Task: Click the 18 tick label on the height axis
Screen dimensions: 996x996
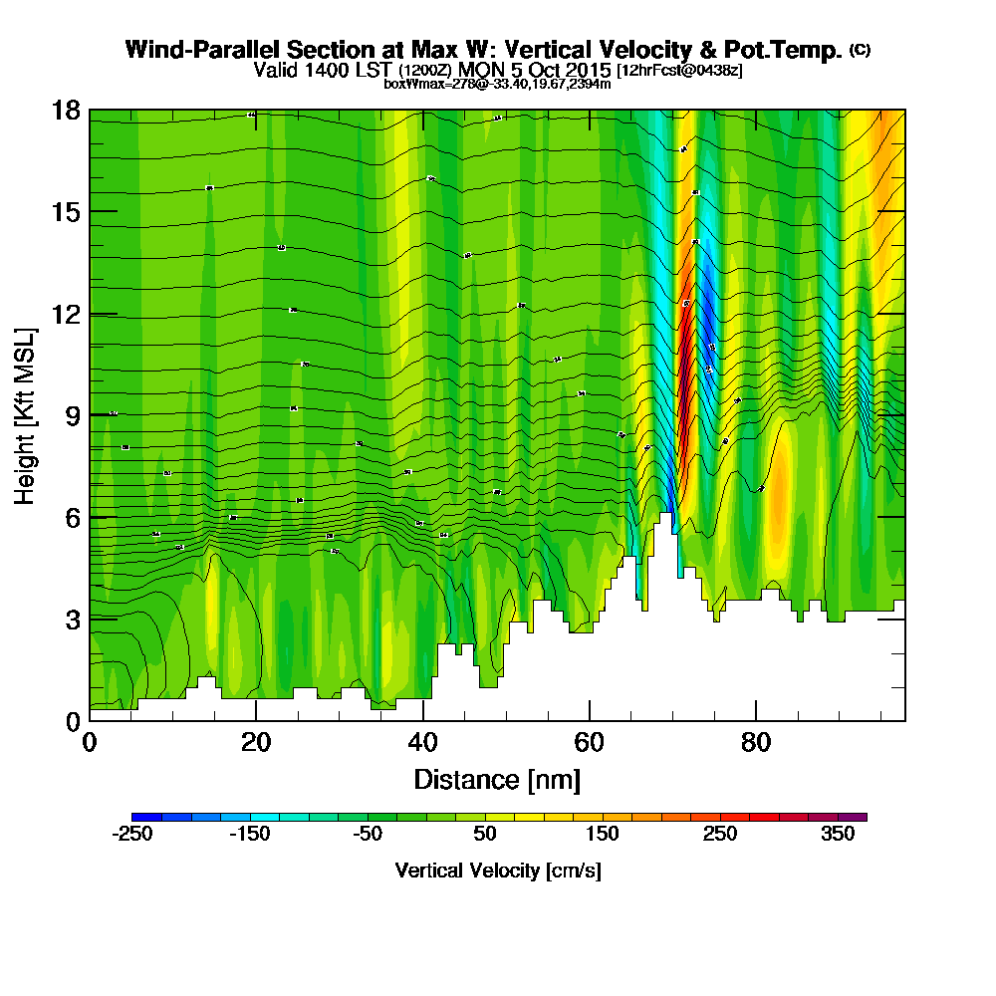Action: tap(65, 110)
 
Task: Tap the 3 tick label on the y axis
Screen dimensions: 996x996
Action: tap(70, 619)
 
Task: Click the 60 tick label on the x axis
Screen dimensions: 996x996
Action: tap(590, 743)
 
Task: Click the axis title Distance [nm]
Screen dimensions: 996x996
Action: tap(497, 778)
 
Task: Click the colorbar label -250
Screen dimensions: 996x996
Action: tap(131, 835)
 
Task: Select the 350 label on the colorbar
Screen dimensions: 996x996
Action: tap(838, 835)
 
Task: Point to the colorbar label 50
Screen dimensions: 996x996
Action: tap(485, 835)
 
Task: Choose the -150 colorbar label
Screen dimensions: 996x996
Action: tap(249, 835)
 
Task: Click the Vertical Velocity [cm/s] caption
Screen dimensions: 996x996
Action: tap(497, 871)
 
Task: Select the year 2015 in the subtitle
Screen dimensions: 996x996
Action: tap(588, 70)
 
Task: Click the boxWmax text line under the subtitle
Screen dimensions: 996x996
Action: tap(497, 84)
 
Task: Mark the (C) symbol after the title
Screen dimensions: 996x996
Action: tap(860, 49)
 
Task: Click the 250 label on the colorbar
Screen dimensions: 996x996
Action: tap(720, 835)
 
